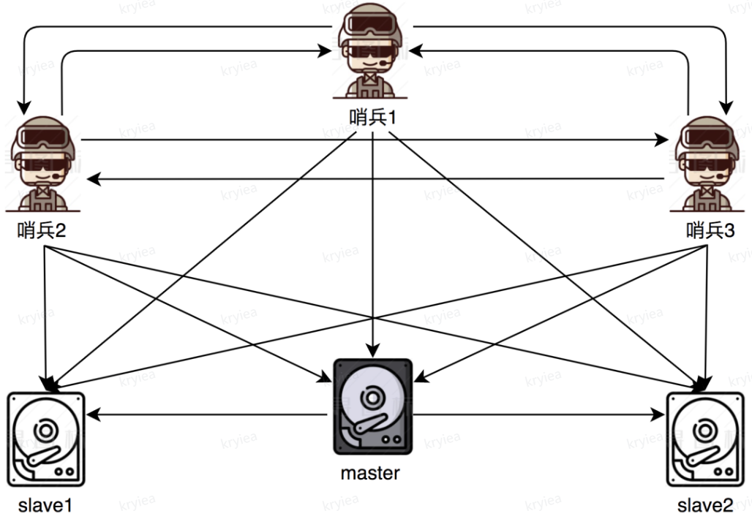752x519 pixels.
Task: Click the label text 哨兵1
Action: coord(374,117)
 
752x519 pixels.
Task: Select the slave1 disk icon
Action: coord(46,439)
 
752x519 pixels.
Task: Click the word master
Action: coord(370,473)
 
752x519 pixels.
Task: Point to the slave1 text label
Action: coord(45,505)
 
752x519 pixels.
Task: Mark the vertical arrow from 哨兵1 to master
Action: coord(374,241)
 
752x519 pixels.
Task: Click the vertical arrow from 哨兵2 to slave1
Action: coord(46,314)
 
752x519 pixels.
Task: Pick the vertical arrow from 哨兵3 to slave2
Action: coord(705,314)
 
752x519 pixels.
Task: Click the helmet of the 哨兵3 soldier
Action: coord(704,124)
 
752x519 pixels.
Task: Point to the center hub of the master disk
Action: coord(371,397)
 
